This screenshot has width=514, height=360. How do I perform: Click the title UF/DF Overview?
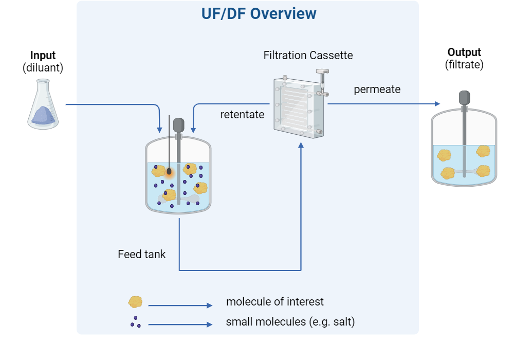click(x=258, y=14)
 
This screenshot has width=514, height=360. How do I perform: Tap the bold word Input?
click(x=43, y=56)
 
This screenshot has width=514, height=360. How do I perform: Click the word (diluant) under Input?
click(x=43, y=67)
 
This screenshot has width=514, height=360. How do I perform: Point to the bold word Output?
click(x=464, y=52)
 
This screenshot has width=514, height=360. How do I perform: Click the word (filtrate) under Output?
click(x=464, y=64)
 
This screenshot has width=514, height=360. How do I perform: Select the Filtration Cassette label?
click(x=308, y=55)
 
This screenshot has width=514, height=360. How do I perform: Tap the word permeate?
click(x=377, y=89)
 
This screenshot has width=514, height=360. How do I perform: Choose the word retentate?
click(x=242, y=114)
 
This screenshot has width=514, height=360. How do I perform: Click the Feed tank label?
click(x=141, y=254)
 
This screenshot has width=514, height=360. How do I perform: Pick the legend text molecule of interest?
click(x=275, y=301)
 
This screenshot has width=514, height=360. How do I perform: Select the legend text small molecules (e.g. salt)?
click(x=290, y=322)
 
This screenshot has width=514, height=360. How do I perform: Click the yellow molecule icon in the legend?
click(x=135, y=302)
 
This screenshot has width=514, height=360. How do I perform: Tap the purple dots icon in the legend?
click(x=136, y=322)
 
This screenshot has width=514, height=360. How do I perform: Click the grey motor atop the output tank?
click(x=465, y=97)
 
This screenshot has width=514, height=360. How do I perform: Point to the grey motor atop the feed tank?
click(x=179, y=125)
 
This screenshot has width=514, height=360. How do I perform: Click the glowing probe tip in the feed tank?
click(x=168, y=171)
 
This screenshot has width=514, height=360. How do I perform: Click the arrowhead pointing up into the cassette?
click(x=301, y=147)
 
